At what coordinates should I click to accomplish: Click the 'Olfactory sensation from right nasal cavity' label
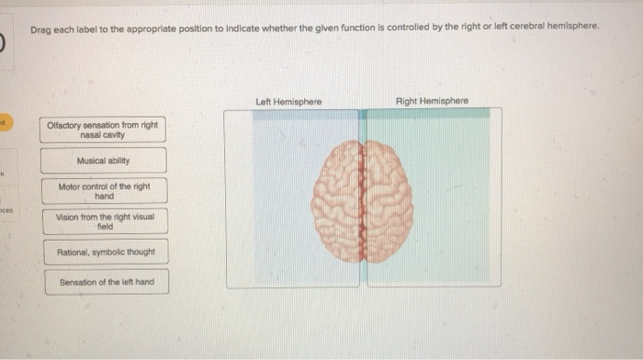[x=105, y=129]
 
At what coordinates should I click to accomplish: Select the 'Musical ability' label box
[x=105, y=161]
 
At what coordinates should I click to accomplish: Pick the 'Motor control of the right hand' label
[x=105, y=191]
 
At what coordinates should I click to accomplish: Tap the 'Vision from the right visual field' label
[x=105, y=221]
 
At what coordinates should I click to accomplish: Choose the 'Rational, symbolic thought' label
[x=106, y=252]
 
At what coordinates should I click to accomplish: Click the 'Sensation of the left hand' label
[x=106, y=281]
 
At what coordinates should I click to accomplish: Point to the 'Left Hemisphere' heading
[x=289, y=101]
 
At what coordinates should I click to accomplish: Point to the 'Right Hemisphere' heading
[x=432, y=100]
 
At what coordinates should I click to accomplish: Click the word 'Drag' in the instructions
[x=39, y=28]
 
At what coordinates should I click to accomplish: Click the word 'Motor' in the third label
[x=70, y=186]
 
